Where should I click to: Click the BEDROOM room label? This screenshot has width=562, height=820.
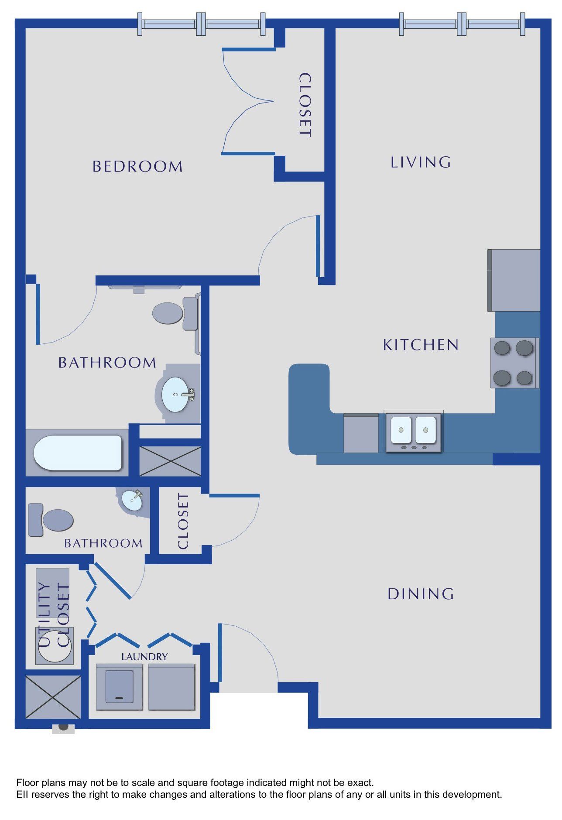point(137,166)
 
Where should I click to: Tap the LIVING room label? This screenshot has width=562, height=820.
point(421,162)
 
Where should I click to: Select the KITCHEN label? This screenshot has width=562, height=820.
point(421,345)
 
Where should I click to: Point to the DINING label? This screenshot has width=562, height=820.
point(421,594)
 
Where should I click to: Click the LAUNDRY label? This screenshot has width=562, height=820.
point(144,656)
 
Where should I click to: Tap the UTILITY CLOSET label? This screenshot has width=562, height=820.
point(54,615)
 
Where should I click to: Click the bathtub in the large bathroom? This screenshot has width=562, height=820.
point(78,453)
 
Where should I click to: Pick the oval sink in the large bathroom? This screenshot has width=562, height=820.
point(176,395)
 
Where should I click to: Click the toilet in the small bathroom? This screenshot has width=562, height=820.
point(51,520)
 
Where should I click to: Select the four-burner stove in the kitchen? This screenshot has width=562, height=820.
point(514,363)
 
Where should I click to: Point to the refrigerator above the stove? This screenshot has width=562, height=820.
point(514,280)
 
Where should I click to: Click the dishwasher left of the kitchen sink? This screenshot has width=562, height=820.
point(361,433)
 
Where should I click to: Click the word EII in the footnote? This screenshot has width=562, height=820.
point(22,794)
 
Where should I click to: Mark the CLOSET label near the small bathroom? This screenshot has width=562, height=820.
point(183,521)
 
